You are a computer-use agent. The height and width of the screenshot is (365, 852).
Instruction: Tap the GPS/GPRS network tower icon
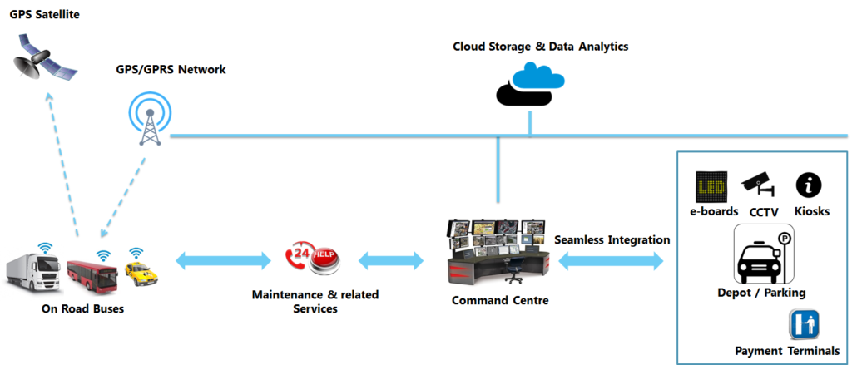click(x=150, y=116)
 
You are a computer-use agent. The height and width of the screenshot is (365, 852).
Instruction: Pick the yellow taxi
click(x=141, y=270)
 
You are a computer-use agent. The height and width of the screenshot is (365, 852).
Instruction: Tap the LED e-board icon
click(x=711, y=187)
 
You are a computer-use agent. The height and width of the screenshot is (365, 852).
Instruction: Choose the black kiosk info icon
click(x=808, y=185)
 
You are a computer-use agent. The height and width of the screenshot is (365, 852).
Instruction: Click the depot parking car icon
click(x=761, y=255)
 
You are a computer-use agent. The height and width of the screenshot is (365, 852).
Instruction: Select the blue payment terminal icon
click(x=804, y=324)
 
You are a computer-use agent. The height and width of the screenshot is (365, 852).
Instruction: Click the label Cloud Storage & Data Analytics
click(x=540, y=47)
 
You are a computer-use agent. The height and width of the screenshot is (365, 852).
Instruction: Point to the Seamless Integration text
click(x=612, y=239)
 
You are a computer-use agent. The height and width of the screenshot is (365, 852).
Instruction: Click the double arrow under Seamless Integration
click(x=612, y=261)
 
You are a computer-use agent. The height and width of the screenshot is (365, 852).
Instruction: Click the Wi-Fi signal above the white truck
click(x=45, y=247)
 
